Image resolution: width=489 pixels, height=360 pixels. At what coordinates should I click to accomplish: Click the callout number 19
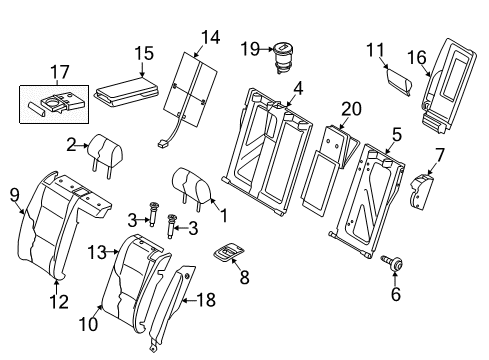pos(250,49)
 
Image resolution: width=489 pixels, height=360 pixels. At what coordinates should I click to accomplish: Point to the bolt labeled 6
pos(392,263)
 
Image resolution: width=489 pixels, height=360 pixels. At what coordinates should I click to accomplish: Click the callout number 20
pos(351,109)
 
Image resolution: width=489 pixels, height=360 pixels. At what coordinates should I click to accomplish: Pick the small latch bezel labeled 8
pos(228,252)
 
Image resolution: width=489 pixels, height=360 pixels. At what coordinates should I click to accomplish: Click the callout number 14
pos(211,37)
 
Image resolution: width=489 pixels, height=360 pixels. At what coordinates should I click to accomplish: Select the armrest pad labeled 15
pos(126,92)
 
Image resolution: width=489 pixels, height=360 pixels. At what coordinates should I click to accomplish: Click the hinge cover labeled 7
pos(421,192)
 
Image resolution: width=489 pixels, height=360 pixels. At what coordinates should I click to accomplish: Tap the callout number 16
pos(417,57)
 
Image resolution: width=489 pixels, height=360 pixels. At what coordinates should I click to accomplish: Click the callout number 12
pos(59,302)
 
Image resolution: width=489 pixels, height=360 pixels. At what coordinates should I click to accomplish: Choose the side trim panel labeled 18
pos(172,307)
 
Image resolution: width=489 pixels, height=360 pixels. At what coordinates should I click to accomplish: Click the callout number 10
pos(88,324)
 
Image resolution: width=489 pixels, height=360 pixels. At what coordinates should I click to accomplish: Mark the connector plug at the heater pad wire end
pos(162,144)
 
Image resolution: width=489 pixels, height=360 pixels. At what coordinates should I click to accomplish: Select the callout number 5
pos(397,135)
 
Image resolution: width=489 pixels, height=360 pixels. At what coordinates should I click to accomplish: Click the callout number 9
pos(15,195)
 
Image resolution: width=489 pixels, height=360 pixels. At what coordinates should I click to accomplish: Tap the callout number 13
pos(97,252)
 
